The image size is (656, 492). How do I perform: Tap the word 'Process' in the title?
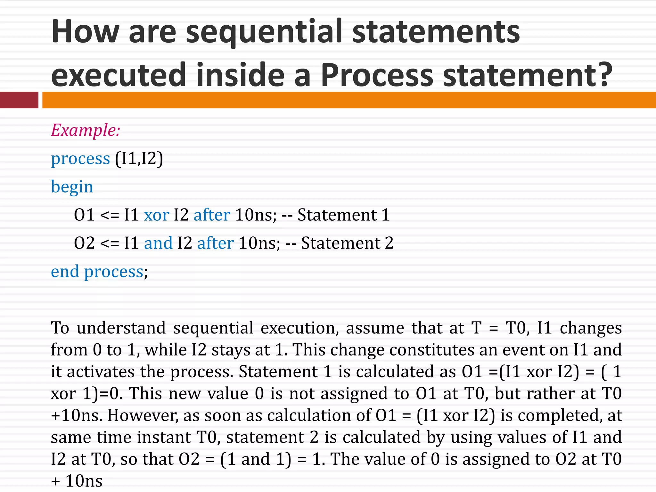(x=377, y=75)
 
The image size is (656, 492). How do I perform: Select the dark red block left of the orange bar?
(x=19, y=100)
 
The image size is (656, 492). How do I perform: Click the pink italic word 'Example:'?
(x=86, y=130)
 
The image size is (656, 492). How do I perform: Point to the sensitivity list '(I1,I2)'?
(x=139, y=159)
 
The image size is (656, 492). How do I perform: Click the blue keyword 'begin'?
(x=72, y=187)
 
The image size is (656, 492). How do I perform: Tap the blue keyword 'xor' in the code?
(x=156, y=215)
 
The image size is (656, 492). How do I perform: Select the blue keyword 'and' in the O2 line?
(x=158, y=243)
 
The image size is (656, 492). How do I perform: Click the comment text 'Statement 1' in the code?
(x=343, y=215)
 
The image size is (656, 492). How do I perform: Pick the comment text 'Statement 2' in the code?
(x=347, y=243)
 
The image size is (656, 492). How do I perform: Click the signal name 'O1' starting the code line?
(x=84, y=215)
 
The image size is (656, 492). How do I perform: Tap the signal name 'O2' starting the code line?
(x=84, y=243)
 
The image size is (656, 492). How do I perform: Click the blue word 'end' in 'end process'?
(x=65, y=272)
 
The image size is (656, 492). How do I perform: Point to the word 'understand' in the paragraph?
(x=121, y=328)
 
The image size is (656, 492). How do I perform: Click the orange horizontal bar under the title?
(x=349, y=100)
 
